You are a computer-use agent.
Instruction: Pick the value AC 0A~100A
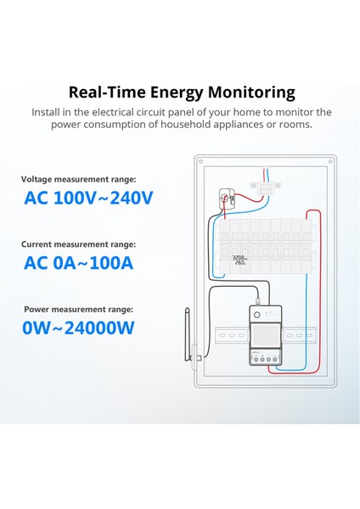(78, 262)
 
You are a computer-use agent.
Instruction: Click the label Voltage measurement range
(78, 180)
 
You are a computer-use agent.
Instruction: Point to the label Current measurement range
(78, 244)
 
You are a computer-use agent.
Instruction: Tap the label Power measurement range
(78, 309)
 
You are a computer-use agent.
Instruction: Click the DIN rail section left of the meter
(222, 336)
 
